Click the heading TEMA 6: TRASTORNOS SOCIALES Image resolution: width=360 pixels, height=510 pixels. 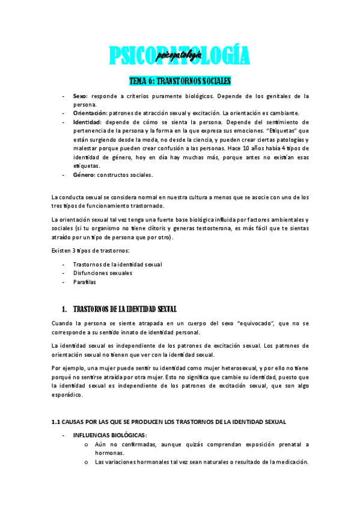(180, 81)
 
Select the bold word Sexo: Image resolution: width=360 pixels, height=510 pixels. (81, 96)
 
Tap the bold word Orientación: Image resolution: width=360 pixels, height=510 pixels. (91, 113)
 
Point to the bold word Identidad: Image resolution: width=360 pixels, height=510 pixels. (87, 121)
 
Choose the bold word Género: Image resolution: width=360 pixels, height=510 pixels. (85, 175)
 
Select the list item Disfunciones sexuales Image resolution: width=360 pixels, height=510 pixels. (102, 273)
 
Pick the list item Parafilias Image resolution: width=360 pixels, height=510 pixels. (84, 282)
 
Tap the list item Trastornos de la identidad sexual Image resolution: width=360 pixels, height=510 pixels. (117, 265)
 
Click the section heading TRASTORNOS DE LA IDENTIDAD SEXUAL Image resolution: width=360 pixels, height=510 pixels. (124, 309)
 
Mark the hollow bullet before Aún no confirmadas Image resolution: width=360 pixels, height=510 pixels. (87, 444)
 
